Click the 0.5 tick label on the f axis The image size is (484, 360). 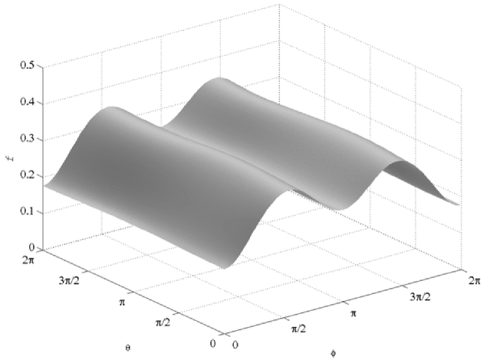click(x=28, y=65)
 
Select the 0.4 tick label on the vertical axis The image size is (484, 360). click(x=28, y=102)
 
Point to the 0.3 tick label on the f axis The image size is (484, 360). click(x=28, y=138)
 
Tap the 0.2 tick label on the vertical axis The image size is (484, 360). click(x=28, y=175)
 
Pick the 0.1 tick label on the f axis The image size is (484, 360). click(x=28, y=211)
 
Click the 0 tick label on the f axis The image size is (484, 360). click(x=32, y=247)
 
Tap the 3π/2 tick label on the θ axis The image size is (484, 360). click(x=69, y=281)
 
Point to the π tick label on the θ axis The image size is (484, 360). click(x=122, y=302)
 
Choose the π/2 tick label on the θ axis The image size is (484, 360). click(x=163, y=323)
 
